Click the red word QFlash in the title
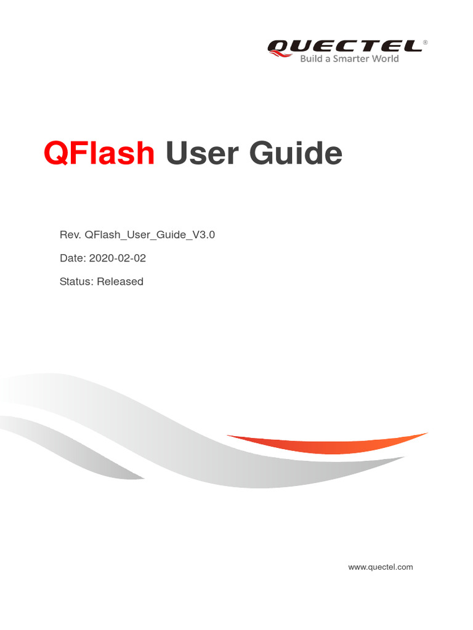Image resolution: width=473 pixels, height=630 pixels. click(99, 153)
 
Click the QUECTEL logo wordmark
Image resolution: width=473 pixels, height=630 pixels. click(345, 46)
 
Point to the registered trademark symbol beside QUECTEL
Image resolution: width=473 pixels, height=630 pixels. click(426, 42)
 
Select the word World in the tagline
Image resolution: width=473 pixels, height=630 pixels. click(386, 59)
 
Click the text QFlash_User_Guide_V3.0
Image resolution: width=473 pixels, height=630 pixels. click(150, 234)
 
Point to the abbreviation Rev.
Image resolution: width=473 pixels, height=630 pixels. click(70, 234)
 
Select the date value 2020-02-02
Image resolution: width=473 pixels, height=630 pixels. click(118, 258)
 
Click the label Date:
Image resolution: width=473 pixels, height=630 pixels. click(73, 258)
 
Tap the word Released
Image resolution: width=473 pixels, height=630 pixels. click(120, 282)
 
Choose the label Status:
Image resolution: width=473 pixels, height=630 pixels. click(76, 282)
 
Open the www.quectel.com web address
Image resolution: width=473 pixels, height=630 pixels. click(380, 567)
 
